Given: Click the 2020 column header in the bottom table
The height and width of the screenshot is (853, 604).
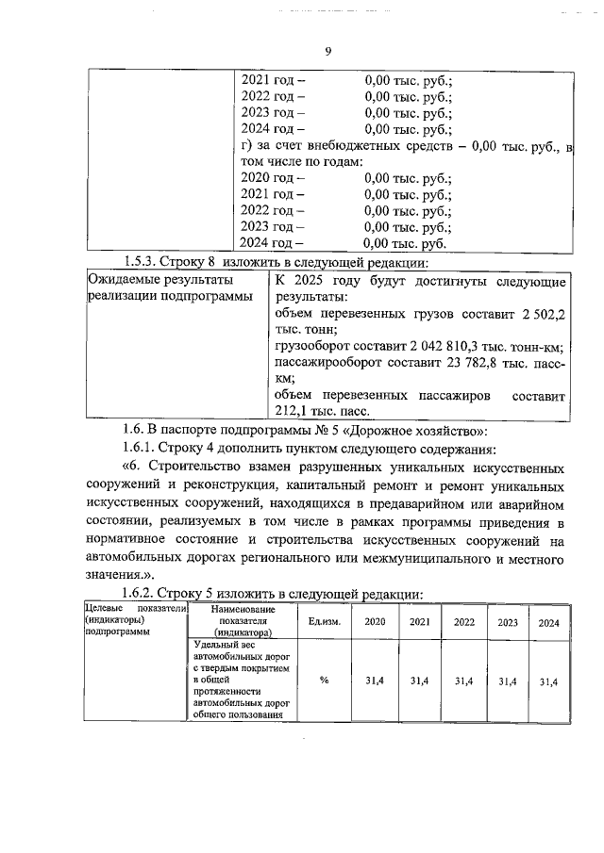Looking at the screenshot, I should (x=375, y=622).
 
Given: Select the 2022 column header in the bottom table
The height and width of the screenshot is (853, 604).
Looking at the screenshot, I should (x=464, y=622).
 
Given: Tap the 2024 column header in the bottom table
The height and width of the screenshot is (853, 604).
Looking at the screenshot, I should (x=548, y=622).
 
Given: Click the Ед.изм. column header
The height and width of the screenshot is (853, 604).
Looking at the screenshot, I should (x=324, y=622).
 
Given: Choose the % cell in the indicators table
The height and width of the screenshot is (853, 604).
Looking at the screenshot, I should (x=324, y=681).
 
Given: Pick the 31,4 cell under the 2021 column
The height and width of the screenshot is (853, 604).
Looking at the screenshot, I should (x=419, y=681).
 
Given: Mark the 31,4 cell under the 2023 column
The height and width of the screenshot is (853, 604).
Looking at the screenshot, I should (x=508, y=681).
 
